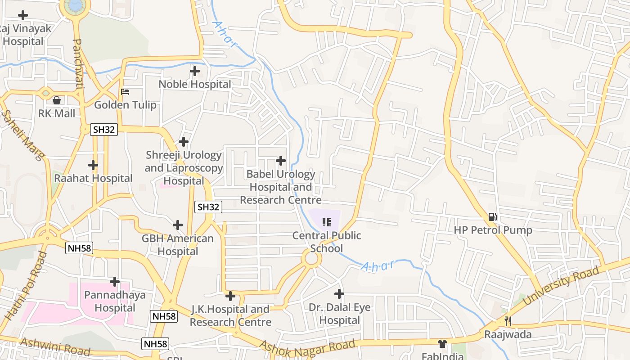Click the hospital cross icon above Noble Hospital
(x=194, y=71)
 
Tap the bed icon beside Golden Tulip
(x=126, y=92)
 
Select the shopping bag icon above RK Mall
(x=57, y=100)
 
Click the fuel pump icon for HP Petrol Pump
(x=493, y=217)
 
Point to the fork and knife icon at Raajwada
(x=508, y=321)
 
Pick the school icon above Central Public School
(x=327, y=222)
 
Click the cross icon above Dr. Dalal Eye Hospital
(x=339, y=294)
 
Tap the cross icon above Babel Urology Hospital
(x=281, y=161)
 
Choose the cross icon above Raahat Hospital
(x=93, y=165)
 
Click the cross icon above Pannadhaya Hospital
(x=115, y=282)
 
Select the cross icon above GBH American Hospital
(x=178, y=225)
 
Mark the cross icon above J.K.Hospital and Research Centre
(x=230, y=296)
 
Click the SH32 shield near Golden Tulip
(x=104, y=130)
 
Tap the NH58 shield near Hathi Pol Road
(x=79, y=248)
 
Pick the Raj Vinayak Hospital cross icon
(x=22, y=15)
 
